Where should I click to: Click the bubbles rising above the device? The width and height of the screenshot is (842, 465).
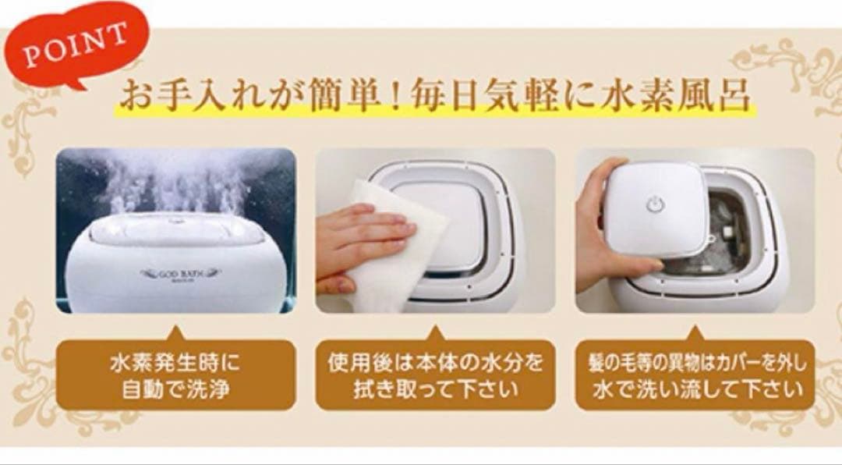(x=179, y=179)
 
